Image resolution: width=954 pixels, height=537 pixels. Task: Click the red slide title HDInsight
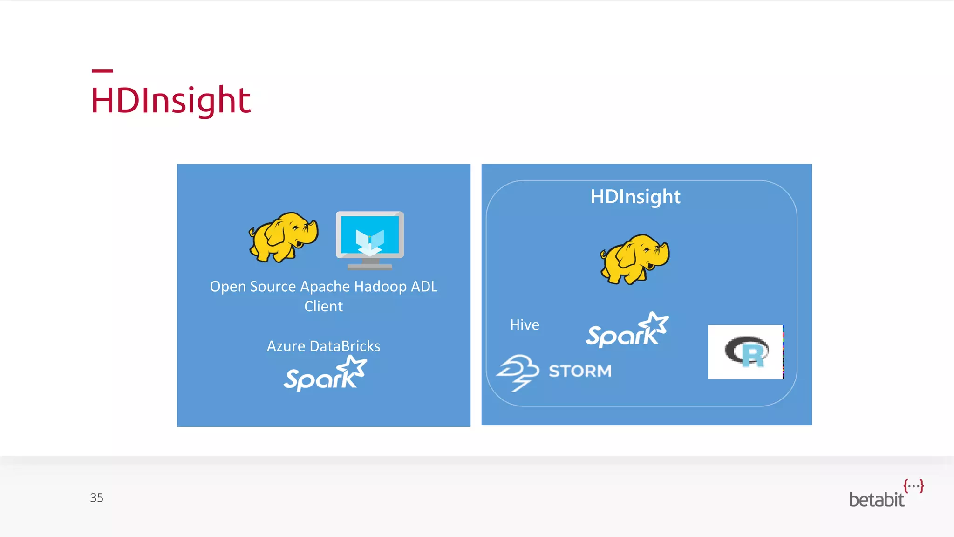[171, 100]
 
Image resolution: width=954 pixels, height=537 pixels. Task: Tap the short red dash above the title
[102, 71]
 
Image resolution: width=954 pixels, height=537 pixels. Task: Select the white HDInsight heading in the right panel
[635, 197]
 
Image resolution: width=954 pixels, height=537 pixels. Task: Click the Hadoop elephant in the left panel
[283, 237]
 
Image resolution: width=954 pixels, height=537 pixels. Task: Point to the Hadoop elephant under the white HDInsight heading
[634, 259]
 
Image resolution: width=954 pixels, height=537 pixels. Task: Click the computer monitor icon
[370, 240]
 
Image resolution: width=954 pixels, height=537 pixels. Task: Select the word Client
[323, 307]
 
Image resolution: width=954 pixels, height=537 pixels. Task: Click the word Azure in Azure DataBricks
[286, 346]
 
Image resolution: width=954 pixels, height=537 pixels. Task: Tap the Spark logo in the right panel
[627, 330]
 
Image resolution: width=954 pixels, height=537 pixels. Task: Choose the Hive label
[525, 325]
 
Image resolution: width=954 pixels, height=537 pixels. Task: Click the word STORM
[580, 371]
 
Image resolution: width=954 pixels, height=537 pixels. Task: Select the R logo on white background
[746, 352]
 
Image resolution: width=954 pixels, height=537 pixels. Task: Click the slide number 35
[96, 498]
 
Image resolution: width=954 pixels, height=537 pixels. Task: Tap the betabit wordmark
[876, 500]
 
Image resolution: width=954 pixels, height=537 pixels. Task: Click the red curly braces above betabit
[913, 486]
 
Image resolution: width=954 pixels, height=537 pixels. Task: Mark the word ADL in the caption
[424, 287]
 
